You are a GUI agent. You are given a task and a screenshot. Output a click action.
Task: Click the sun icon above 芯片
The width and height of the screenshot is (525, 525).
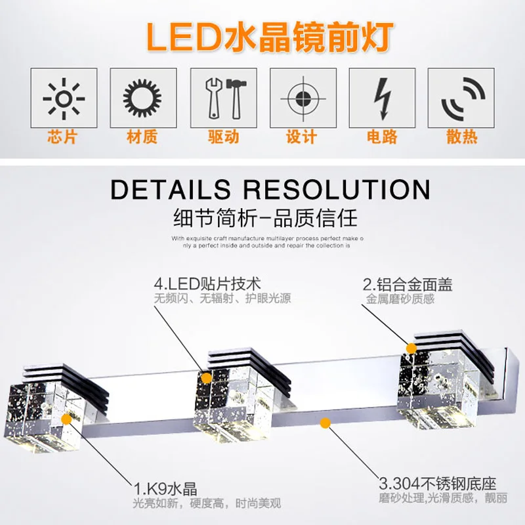pos(64,98)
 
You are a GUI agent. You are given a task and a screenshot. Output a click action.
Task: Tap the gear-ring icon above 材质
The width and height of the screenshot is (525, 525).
pos(142,98)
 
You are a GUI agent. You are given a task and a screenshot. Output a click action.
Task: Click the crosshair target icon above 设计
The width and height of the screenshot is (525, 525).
pos(302,98)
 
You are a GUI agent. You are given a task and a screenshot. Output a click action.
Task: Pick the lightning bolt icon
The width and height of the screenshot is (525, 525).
pos(381,98)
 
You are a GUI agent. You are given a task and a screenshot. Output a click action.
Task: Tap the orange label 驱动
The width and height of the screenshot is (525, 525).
pos(222,137)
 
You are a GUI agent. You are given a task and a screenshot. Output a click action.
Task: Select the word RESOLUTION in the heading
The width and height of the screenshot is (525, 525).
pos(336,189)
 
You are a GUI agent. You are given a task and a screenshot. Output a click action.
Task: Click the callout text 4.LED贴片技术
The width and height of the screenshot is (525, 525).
pos(207,284)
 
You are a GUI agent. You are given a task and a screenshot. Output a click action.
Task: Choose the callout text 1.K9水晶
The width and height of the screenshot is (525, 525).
pos(165,489)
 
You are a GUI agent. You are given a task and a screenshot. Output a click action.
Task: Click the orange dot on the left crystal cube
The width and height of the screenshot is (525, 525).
pos(66,417)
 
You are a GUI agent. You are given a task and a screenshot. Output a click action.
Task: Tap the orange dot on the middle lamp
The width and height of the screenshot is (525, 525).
pos(207,377)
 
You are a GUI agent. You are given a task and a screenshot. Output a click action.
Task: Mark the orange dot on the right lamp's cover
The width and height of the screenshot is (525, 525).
pos(411,348)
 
